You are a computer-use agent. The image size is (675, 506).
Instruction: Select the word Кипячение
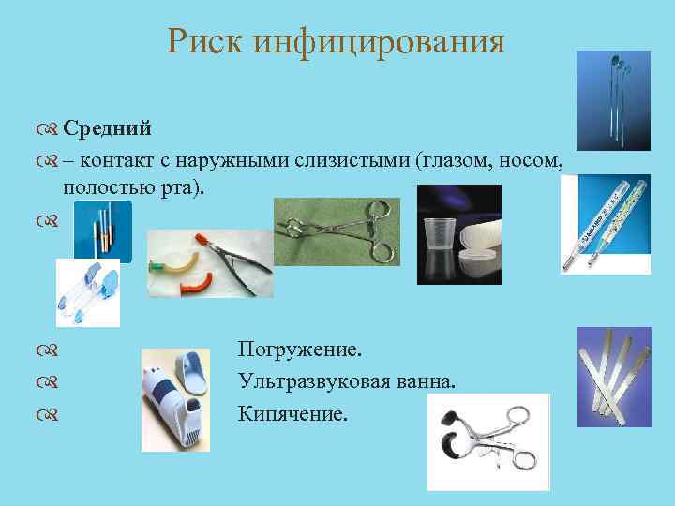coord(292,412)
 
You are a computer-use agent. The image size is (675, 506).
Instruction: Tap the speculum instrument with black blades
coord(487,440)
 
